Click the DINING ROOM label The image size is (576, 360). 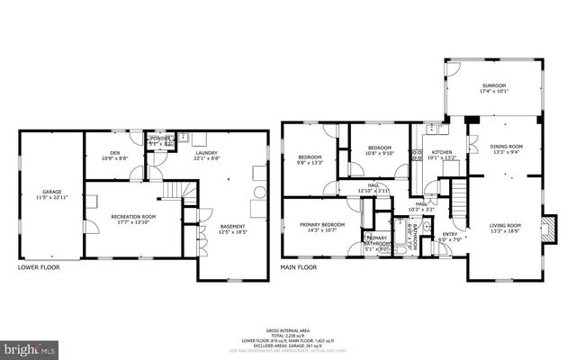coord(505,148)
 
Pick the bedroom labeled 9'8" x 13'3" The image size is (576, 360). coord(310,160)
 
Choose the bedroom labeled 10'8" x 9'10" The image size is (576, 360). coord(379,149)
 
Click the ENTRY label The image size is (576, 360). coord(448,237)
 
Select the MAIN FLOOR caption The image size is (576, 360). coord(300,268)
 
